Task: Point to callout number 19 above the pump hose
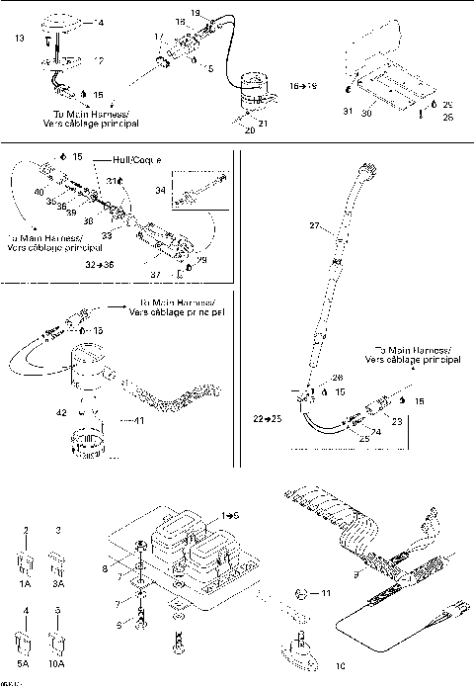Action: click(195, 12)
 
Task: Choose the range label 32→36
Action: click(101, 266)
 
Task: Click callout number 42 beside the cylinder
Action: click(61, 410)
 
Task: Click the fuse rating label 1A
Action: click(25, 584)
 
